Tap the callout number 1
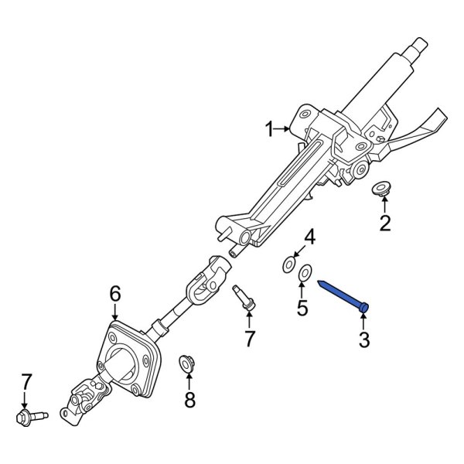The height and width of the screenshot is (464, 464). click(270, 130)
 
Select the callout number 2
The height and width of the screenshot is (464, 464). click(384, 224)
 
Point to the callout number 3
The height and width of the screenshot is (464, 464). click(366, 339)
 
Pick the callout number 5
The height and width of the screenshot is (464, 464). click(303, 309)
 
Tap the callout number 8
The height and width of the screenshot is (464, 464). click(189, 399)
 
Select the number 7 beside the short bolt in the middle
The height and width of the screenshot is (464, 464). click(249, 338)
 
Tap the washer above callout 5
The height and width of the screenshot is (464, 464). click(304, 273)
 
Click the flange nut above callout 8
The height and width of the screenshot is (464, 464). click(187, 361)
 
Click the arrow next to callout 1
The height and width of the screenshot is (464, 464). click(286, 130)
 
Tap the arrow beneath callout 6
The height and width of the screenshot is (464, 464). click(114, 312)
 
